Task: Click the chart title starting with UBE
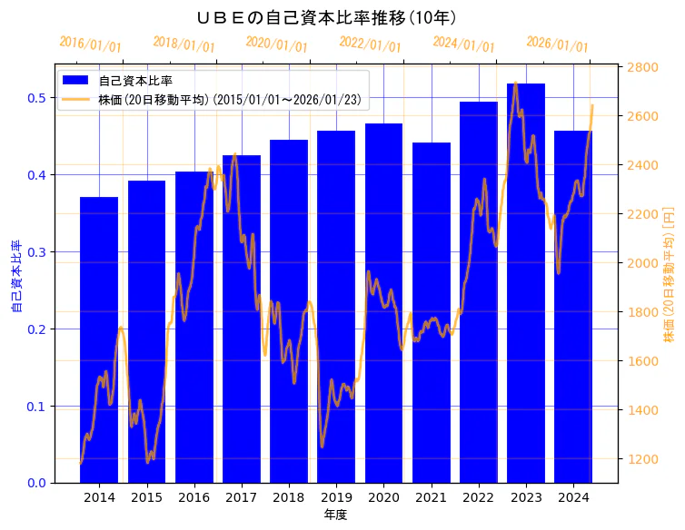[x=326, y=18]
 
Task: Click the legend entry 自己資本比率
[x=135, y=81]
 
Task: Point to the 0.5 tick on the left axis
[x=37, y=98]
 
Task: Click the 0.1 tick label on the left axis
[x=37, y=407]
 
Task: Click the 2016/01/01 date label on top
[x=90, y=44]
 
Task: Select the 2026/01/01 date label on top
[x=557, y=44]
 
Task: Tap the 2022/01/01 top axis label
[x=370, y=44]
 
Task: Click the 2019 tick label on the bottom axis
[x=336, y=497]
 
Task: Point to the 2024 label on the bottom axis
[x=573, y=497]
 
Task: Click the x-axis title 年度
[x=335, y=515]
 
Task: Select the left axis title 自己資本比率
[x=16, y=277]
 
